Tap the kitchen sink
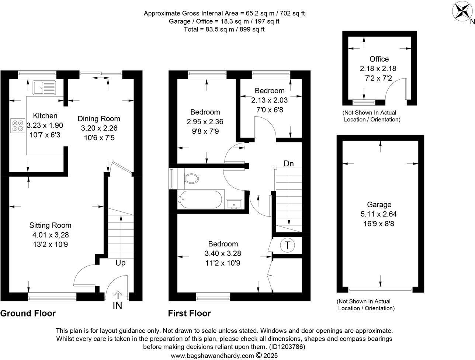tap(44, 87)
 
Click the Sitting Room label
tap(51, 225)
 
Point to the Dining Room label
tap(99, 118)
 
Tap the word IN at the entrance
tap(117, 305)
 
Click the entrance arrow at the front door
tap(118, 294)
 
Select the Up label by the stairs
tap(121, 263)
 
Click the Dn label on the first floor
tap(289, 163)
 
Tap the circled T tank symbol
tap(287, 245)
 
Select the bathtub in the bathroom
tap(200, 200)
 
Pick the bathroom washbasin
tap(234, 204)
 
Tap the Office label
tap(379, 59)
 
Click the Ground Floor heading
tap(28, 314)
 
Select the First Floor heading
tap(190, 314)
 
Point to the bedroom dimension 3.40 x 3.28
tap(223, 253)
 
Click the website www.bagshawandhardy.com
tap(212, 356)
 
